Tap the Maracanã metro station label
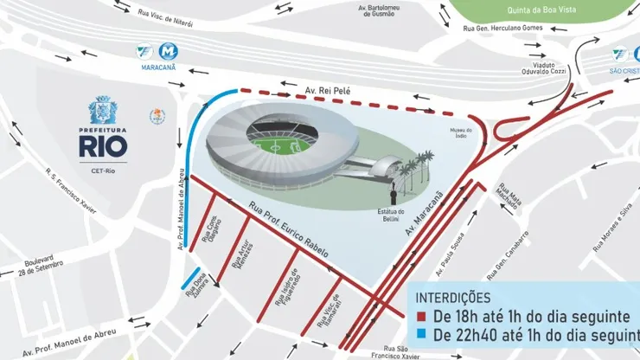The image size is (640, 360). [x=160, y=67]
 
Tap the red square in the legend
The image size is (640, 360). [x=421, y=318]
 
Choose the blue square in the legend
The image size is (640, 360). [x=421, y=335]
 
